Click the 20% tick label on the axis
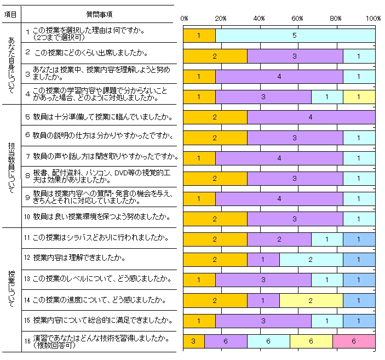pos(221,19)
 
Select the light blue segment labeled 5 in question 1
pos(295,36)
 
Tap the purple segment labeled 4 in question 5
pos(311,117)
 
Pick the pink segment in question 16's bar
pos(354,341)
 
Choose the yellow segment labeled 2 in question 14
pos(311,300)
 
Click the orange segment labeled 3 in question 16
pos(193,341)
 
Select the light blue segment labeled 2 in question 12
pos(311,259)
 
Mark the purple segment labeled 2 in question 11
pos(279,239)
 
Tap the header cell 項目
pos(10,14)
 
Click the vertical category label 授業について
pos(12,289)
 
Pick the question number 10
pos(27,217)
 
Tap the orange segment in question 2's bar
pos(215,56)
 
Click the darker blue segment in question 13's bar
pos(359,280)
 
